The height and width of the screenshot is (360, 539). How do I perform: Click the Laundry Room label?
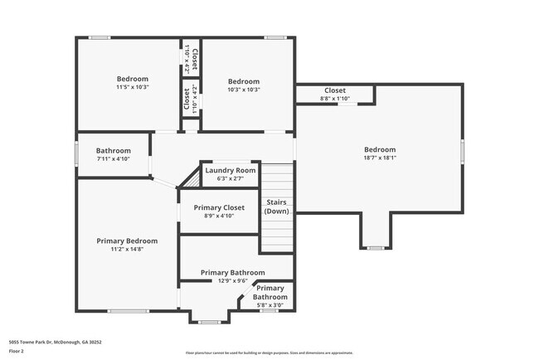coord(231,170)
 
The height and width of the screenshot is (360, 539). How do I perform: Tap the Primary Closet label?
coord(219,207)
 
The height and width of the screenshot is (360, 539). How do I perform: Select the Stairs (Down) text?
coord(276,207)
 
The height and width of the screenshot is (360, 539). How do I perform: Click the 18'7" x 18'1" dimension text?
coord(380,158)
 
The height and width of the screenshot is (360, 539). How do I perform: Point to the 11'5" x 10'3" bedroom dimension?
coord(132,86)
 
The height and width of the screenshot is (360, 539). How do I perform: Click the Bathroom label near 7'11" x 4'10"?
coord(114,150)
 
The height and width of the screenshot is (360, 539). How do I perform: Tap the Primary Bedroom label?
coord(127,241)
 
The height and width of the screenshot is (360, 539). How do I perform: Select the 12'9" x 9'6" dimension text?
coord(233,280)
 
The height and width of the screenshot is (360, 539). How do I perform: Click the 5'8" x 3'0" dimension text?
coord(270,304)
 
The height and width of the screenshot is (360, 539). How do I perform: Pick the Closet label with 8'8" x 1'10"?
coord(335,90)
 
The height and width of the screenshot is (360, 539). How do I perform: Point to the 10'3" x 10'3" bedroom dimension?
coord(244,90)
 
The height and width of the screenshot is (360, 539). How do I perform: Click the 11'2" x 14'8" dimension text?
coord(127,249)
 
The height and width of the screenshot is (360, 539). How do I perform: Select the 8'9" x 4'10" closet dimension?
coord(219,216)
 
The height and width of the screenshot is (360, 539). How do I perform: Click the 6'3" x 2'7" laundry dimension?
coord(231,178)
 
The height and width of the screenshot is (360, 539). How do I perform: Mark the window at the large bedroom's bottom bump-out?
coord(376,247)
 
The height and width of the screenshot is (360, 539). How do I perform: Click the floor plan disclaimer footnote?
coord(269,353)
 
